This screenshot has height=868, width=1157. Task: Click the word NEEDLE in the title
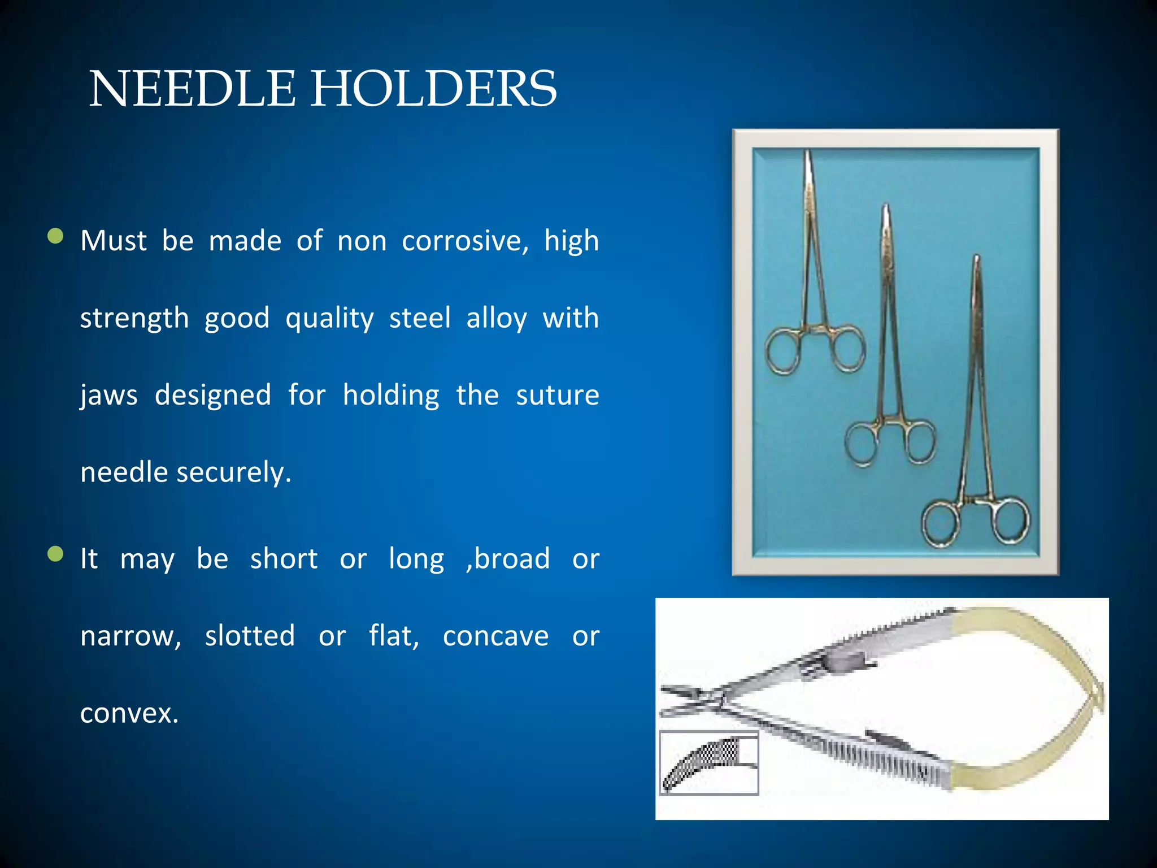(192, 89)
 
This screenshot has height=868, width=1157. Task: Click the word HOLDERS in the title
(434, 89)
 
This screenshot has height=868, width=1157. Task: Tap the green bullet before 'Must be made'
(55, 236)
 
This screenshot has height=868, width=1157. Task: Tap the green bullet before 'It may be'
(55, 554)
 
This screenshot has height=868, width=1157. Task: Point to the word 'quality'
(329, 318)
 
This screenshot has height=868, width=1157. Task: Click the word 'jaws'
(108, 395)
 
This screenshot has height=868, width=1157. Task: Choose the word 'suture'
(557, 395)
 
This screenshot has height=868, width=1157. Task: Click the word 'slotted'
(250, 636)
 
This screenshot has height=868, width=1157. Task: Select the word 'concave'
(495, 636)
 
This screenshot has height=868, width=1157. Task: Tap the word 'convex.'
(129, 713)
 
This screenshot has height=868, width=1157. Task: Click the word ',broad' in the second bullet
(508, 559)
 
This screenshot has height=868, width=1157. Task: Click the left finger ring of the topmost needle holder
(783, 351)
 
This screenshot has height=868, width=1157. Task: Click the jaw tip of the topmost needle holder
(808, 155)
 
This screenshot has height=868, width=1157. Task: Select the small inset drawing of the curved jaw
(709, 763)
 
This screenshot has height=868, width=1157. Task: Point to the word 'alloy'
(497, 318)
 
